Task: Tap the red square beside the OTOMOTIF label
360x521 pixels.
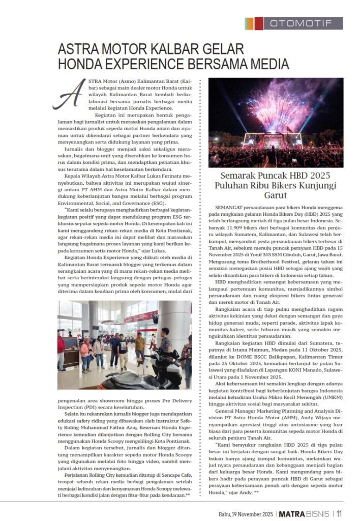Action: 259,23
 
